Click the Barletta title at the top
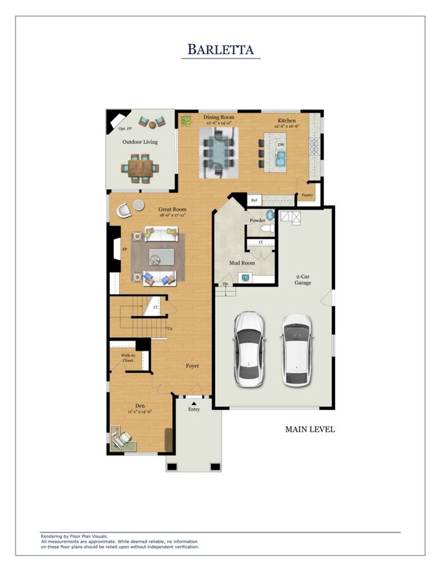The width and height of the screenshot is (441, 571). pos(221,49)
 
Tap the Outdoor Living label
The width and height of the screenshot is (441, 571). pos(140,142)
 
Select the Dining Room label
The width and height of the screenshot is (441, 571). pos(219,118)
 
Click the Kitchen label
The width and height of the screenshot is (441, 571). pos(287,121)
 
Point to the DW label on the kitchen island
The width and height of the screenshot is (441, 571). pos(281,145)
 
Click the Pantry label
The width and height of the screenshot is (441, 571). pos(307,195)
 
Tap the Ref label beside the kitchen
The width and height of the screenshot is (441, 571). pos(254,200)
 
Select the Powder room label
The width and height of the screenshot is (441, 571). pos(258,220)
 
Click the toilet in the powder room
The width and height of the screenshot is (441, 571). pos(267,229)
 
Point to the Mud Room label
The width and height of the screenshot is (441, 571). pos(242,263)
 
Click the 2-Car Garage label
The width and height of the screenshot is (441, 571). pos(303,279)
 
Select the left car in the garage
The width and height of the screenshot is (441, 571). pos(249,349)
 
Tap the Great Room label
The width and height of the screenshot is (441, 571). pos(171,210)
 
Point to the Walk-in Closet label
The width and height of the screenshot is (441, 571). pos(127,358)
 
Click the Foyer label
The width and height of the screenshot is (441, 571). pos(192,366)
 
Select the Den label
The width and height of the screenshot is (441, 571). pos(140,406)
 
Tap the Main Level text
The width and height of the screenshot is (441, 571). pos(309,429)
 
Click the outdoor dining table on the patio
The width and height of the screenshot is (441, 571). pos(140,168)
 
